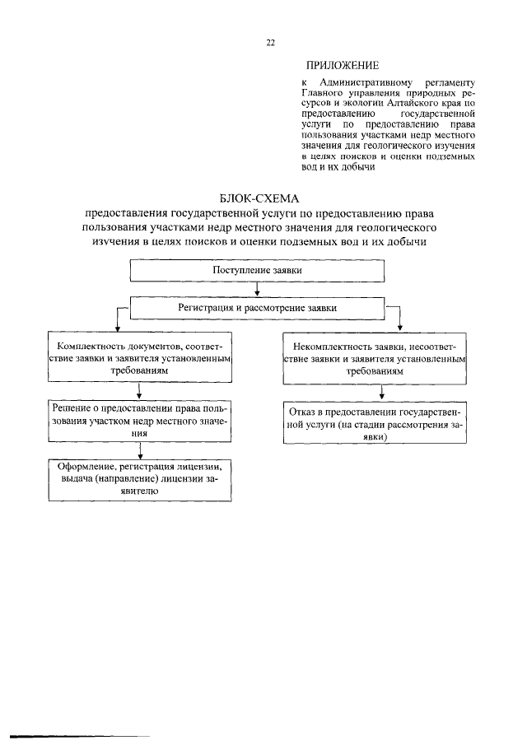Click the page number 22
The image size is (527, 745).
click(269, 44)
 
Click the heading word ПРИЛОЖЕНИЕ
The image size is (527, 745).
click(343, 65)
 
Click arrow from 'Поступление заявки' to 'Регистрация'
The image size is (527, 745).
click(259, 290)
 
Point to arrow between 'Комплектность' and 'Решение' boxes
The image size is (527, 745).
click(139, 392)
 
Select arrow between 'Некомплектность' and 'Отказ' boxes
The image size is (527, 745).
click(380, 393)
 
